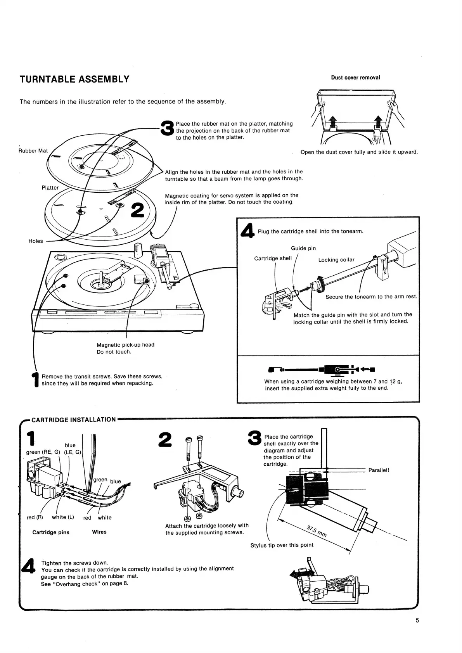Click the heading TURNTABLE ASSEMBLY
pyautogui.click(x=74, y=79)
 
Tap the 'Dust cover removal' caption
pyautogui.click(x=355, y=78)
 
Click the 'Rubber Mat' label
pyautogui.click(x=33, y=151)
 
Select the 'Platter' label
pyautogui.click(x=50, y=188)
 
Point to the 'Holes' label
pyautogui.click(x=36, y=241)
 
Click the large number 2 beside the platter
pyautogui.click(x=138, y=210)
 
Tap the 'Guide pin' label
pyautogui.click(x=303, y=248)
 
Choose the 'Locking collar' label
pyautogui.click(x=336, y=260)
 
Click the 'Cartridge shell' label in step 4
pyautogui.click(x=273, y=258)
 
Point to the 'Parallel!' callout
pyautogui.click(x=379, y=470)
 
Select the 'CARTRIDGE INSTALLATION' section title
pyautogui.click(x=73, y=420)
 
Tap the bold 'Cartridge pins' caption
pyautogui.click(x=51, y=532)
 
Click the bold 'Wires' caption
pyautogui.click(x=99, y=532)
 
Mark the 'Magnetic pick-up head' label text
pyautogui.click(x=125, y=345)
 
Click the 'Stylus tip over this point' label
pyautogui.click(x=282, y=545)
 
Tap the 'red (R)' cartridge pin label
pyautogui.click(x=35, y=517)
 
